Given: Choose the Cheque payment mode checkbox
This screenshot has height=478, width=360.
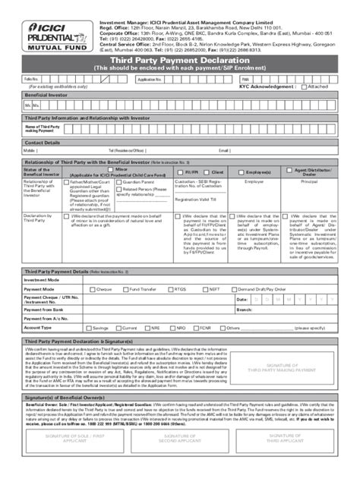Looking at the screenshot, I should (93, 289).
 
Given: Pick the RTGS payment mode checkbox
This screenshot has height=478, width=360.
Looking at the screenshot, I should (172, 289).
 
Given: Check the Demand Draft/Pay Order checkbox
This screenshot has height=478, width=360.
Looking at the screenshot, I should (235, 289).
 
